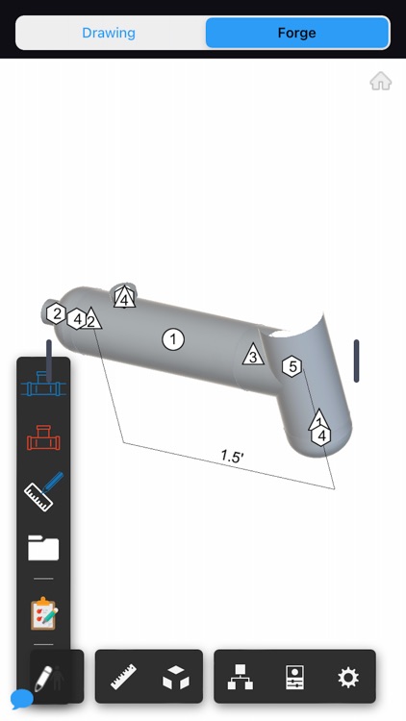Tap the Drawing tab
tap(109, 33)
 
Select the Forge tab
tap(297, 33)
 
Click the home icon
tap(381, 82)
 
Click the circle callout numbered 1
tap(173, 339)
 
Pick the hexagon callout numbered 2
tap(57, 313)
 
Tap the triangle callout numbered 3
tap(253, 355)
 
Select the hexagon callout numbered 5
tap(292, 366)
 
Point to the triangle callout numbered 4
tap(124, 297)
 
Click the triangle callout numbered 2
tap(91, 319)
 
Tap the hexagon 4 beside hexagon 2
tap(77, 318)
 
